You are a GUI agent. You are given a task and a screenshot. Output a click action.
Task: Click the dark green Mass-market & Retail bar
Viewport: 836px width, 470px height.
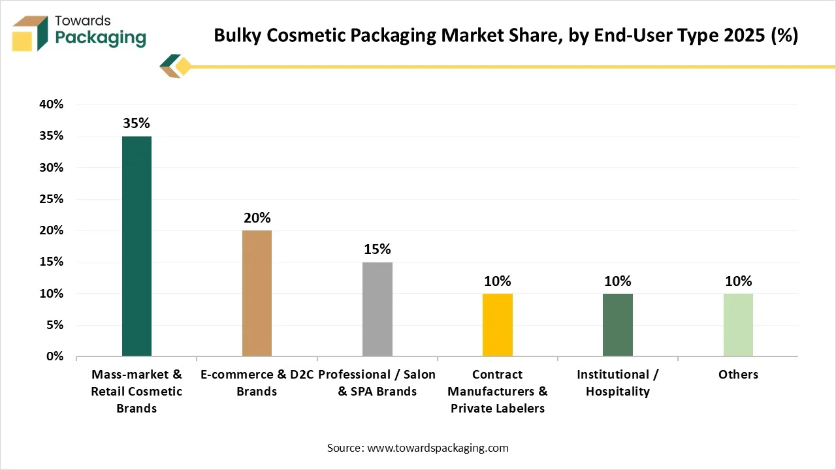coord(137,246)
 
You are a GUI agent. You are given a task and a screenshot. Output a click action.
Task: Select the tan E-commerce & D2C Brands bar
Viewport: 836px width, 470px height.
coord(257,293)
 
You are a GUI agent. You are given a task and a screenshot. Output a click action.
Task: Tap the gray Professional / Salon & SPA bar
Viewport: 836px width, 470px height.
coord(377,309)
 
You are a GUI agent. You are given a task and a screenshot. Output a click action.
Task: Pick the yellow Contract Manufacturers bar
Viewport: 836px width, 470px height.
coord(498,324)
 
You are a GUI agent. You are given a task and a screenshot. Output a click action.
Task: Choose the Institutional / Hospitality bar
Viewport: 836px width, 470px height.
coord(617,324)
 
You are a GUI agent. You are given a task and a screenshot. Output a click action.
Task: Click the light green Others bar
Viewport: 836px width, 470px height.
coord(738,324)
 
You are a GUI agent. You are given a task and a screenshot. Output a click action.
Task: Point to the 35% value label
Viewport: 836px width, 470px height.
coord(137,123)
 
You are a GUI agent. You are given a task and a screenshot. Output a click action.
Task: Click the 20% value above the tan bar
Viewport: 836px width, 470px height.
coord(257,217)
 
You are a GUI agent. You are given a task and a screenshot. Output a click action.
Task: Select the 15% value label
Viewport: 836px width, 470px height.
coord(377,249)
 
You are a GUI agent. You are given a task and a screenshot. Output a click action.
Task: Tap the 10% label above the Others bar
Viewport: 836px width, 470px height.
coord(738,281)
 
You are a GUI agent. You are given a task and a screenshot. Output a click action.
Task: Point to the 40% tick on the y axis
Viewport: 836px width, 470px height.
coord(51,104)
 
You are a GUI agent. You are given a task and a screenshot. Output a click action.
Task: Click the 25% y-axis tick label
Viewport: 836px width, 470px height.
coord(51,199)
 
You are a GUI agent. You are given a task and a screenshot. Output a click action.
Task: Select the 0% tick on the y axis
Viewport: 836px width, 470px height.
coord(54,356)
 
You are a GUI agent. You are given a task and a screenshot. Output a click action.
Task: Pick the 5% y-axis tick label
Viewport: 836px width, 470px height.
coord(54,325)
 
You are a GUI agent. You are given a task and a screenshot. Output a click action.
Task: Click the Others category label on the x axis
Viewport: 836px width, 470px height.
coord(738,375)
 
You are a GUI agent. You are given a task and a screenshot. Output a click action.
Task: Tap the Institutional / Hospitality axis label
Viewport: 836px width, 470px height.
coord(617,383)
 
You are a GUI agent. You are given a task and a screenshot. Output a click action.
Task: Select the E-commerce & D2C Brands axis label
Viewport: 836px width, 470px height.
coord(257,383)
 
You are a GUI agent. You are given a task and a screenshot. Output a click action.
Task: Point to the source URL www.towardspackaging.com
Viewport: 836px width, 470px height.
coord(437,448)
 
